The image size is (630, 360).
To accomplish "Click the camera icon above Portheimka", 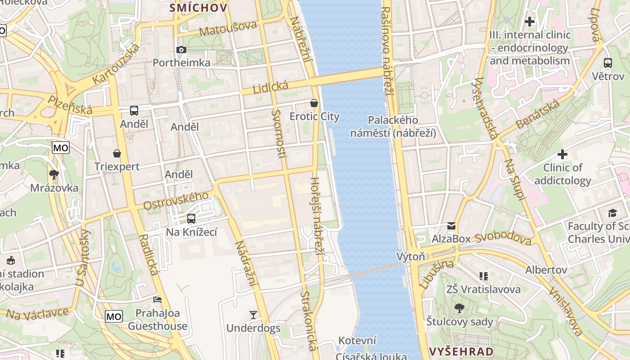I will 181,49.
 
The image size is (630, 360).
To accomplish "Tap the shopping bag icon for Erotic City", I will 314,103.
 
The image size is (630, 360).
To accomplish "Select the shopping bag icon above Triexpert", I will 117,153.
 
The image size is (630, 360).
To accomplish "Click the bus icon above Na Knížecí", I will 191,219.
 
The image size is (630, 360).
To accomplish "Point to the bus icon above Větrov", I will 608,63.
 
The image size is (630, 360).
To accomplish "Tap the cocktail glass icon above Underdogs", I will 253,315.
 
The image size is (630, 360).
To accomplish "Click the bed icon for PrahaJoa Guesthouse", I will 157,299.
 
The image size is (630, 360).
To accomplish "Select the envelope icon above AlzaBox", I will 451,225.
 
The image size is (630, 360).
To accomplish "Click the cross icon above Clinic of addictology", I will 562,154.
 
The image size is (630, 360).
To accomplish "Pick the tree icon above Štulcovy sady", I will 459,308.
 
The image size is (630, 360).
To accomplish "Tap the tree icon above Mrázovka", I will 54,175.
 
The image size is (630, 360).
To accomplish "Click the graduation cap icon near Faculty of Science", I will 612,213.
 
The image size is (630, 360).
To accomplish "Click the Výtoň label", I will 410,256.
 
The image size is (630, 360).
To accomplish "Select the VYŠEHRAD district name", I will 461,351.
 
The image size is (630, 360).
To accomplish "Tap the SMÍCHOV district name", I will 198,8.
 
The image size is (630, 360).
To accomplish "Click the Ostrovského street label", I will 176,201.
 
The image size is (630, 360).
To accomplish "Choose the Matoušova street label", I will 228,28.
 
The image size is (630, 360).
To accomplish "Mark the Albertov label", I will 546,270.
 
